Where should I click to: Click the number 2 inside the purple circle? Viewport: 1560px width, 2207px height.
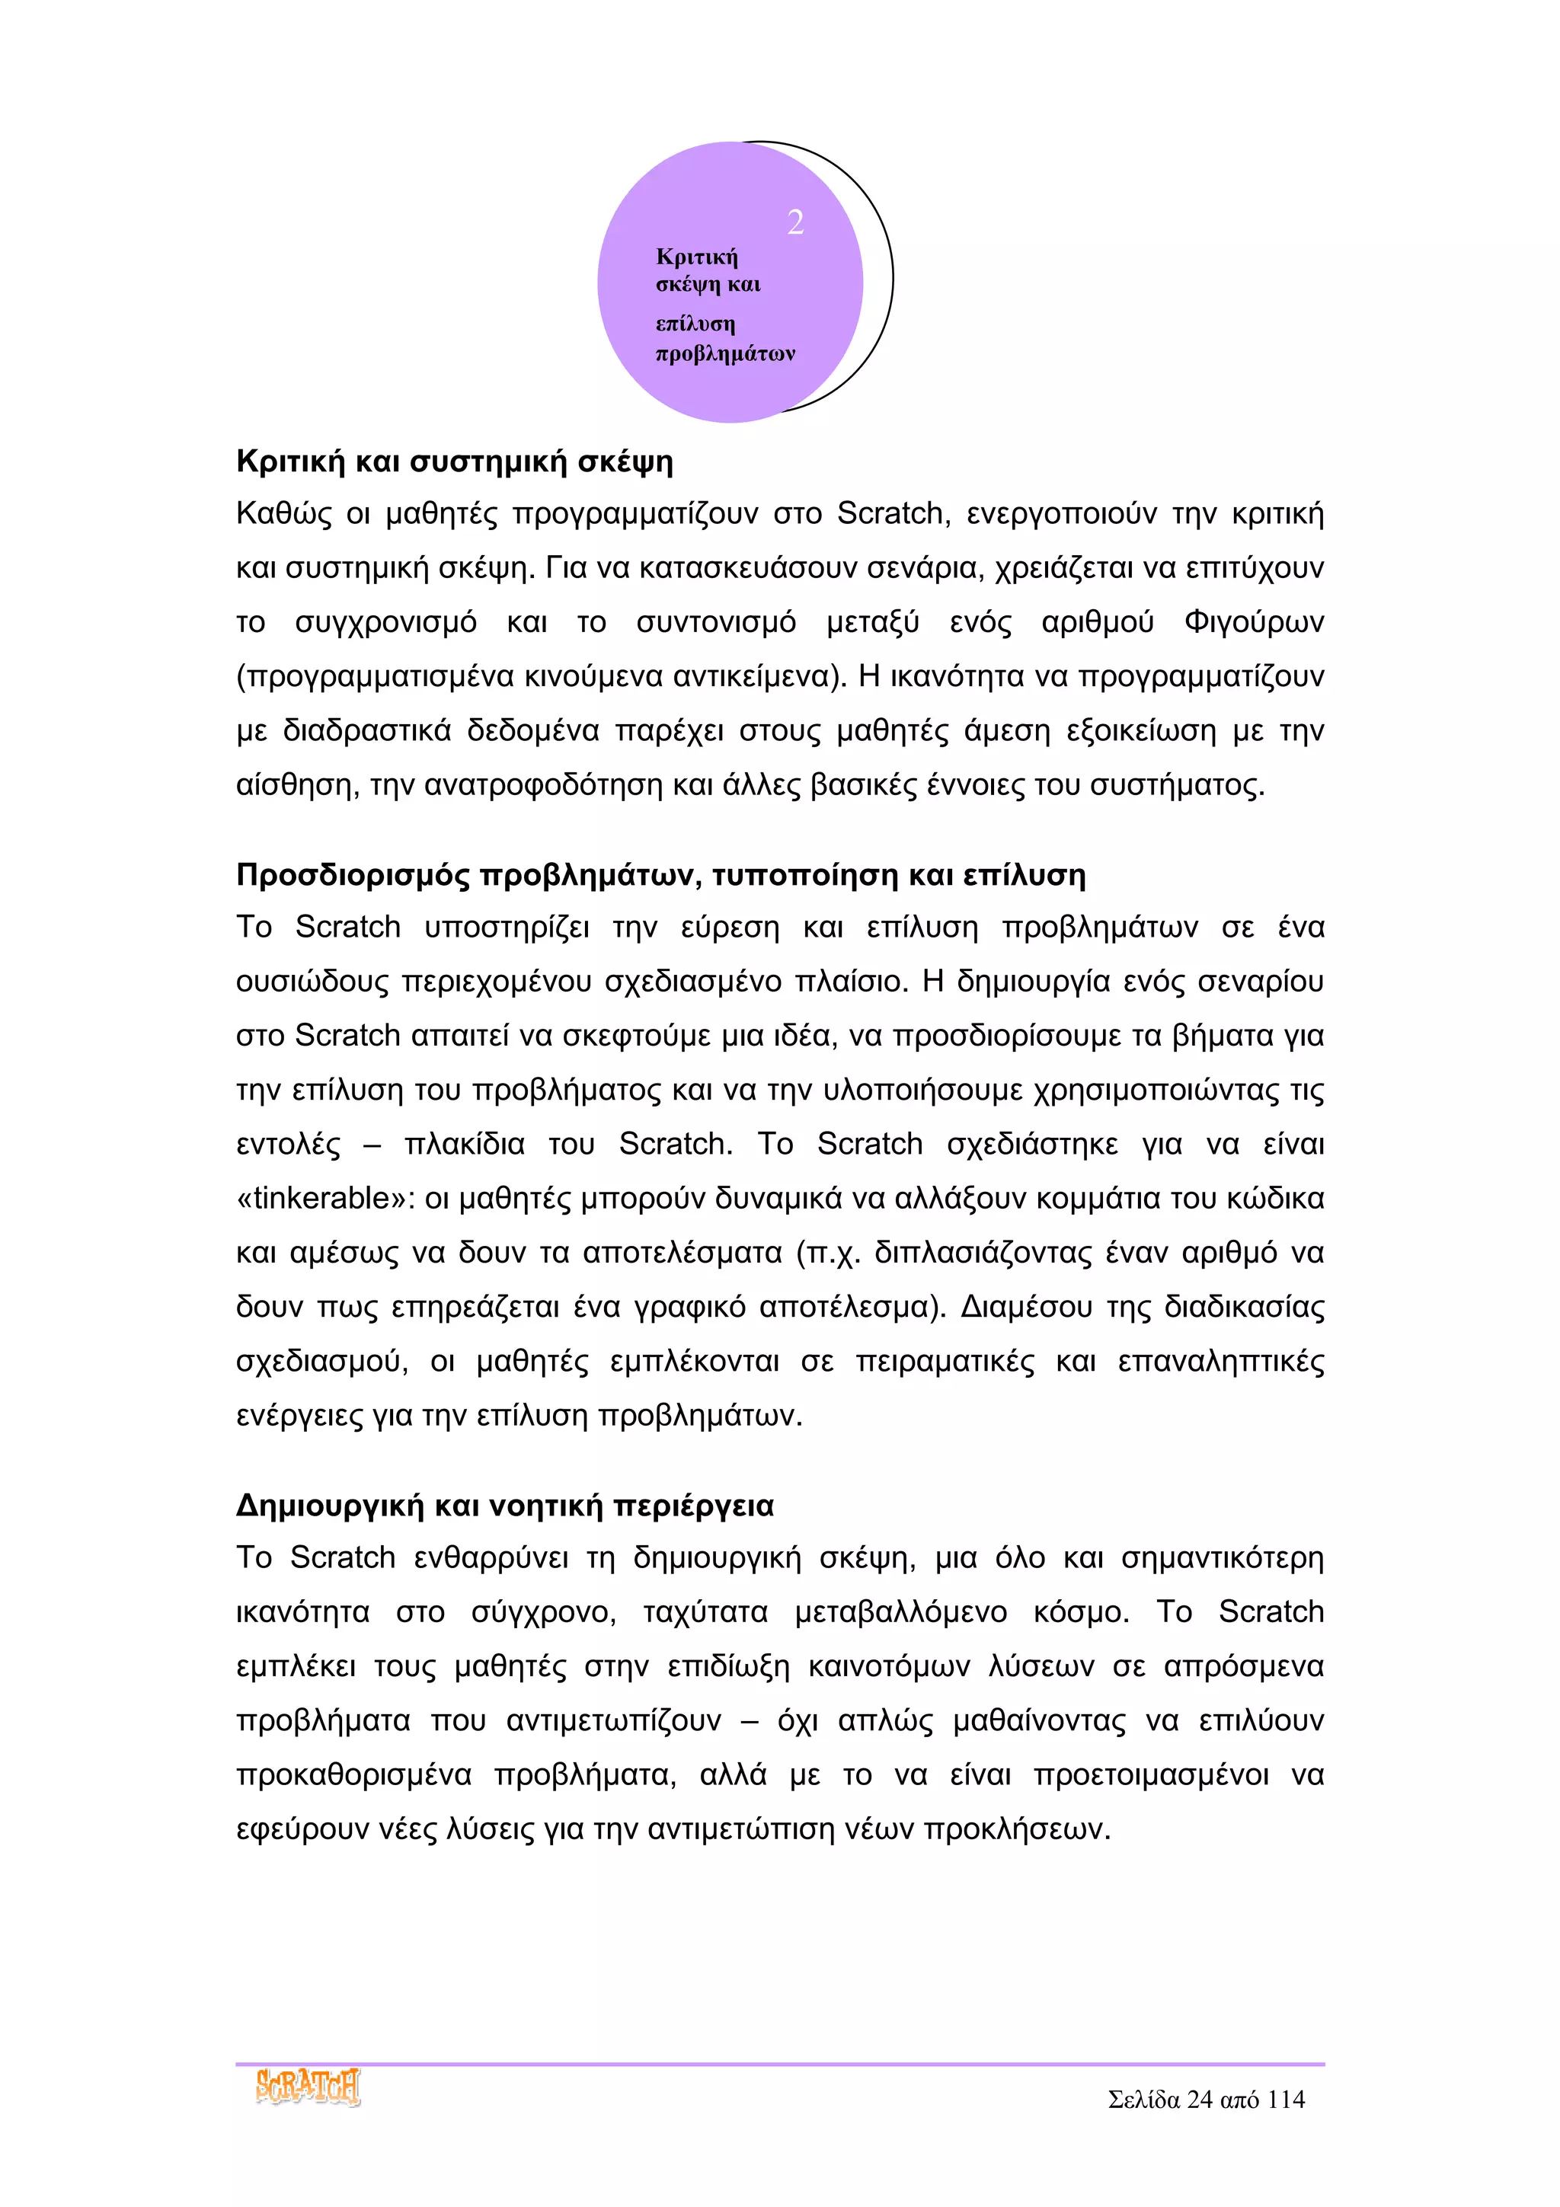pos(795,222)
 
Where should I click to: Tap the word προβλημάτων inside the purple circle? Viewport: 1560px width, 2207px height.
pos(724,353)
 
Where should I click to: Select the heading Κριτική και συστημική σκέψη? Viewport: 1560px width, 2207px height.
pos(454,462)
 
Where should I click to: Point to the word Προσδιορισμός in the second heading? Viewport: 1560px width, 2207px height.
pos(353,876)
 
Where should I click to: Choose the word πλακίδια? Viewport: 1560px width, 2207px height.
pos(464,1145)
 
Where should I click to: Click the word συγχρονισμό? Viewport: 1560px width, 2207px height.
pos(385,623)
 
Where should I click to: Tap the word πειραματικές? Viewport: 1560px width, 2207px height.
pos(945,1362)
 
